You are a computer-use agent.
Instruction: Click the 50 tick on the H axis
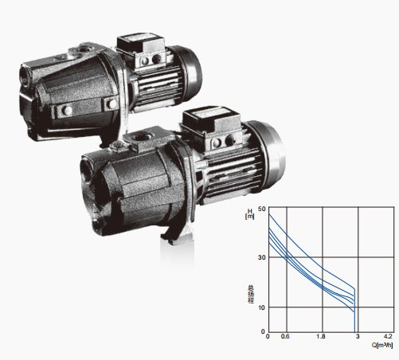click(x=261, y=209)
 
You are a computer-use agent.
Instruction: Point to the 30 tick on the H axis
click(x=261, y=257)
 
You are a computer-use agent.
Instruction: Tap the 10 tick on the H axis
click(x=261, y=307)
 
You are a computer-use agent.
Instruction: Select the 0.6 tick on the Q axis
click(x=285, y=336)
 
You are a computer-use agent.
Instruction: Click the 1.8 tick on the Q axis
click(x=321, y=336)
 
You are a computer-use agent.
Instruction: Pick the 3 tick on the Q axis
click(x=358, y=336)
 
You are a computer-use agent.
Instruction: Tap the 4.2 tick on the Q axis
click(x=388, y=336)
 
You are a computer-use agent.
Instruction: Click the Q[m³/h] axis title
click(x=382, y=345)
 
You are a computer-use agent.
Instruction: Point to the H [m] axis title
click(x=250, y=213)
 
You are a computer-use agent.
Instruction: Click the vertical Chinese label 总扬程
click(x=251, y=294)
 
